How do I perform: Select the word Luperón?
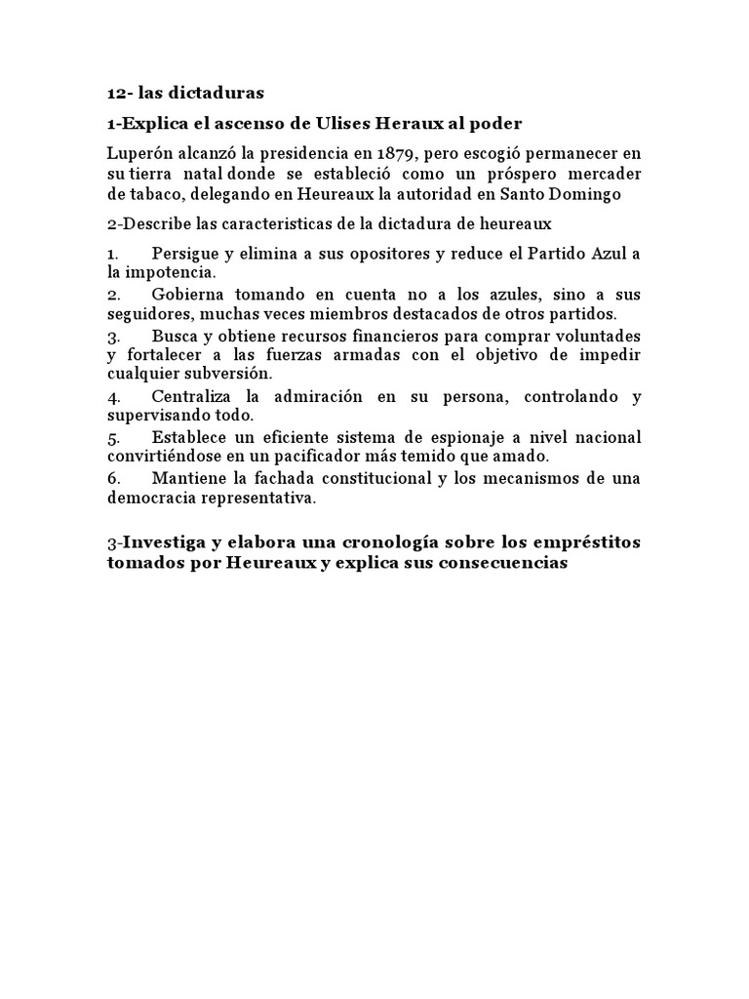(x=139, y=154)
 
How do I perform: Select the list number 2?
(x=113, y=295)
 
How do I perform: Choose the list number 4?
(x=113, y=397)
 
